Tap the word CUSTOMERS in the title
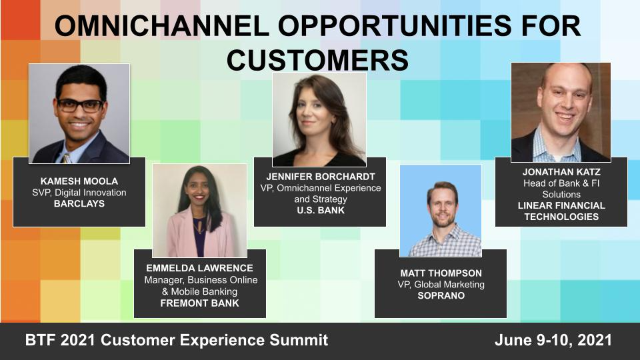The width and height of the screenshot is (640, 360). [x=317, y=60]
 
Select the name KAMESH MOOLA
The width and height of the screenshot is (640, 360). [x=79, y=181]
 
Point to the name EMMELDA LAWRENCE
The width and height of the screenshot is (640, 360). [x=201, y=268]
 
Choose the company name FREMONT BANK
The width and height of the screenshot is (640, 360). [x=201, y=303]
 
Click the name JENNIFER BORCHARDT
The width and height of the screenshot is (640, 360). [x=319, y=177]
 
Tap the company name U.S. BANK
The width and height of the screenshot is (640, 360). [x=319, y=211]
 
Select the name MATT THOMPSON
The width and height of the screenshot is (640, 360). [x=440, y=273]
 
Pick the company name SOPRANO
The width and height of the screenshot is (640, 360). [x=440, y=296]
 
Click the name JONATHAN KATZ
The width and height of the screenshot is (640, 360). [x=561, y=171]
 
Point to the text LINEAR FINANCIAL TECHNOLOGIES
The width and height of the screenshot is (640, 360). [x=561, y=211]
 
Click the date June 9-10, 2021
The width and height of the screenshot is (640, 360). [x=553, y=341]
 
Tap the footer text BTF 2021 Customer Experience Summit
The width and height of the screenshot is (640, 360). [x=177, y=341]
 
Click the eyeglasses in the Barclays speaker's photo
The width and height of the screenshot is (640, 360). [x=80, y=105]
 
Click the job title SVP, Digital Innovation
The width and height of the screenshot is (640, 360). [x=79, y=193]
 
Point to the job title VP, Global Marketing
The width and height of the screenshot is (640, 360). [x=440, y=285]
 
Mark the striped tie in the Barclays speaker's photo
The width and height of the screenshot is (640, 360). [x=66, y=158]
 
